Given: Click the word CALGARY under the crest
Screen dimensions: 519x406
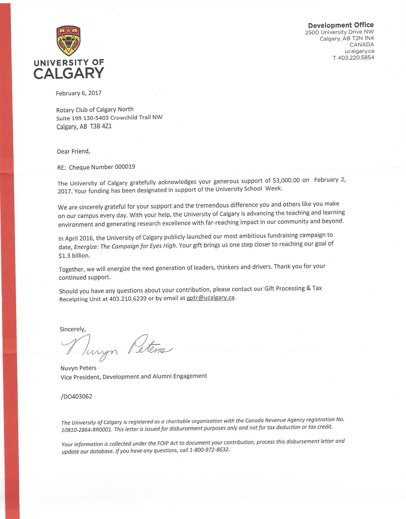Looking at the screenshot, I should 69,73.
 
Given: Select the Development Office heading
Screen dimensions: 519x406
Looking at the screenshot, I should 341,25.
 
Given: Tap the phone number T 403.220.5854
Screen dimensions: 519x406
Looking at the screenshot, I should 353,58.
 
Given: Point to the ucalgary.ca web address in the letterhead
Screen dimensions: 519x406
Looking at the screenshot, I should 359,51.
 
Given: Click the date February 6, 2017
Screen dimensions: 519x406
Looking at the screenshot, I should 79,93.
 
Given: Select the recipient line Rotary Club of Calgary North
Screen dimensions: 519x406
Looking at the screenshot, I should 95,109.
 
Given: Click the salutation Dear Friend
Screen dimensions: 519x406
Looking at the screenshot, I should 73,151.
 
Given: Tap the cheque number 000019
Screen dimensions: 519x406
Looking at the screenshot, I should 125,167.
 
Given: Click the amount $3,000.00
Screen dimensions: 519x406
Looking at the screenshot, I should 286,180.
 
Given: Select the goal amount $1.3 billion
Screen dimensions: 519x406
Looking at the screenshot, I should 74,256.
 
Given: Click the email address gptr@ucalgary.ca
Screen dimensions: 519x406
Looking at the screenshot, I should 211,298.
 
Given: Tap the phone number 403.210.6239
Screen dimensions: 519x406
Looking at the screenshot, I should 128,299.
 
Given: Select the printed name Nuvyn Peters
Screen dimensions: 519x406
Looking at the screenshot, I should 78,368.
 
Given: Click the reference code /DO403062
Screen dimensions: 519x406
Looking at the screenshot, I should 76,396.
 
